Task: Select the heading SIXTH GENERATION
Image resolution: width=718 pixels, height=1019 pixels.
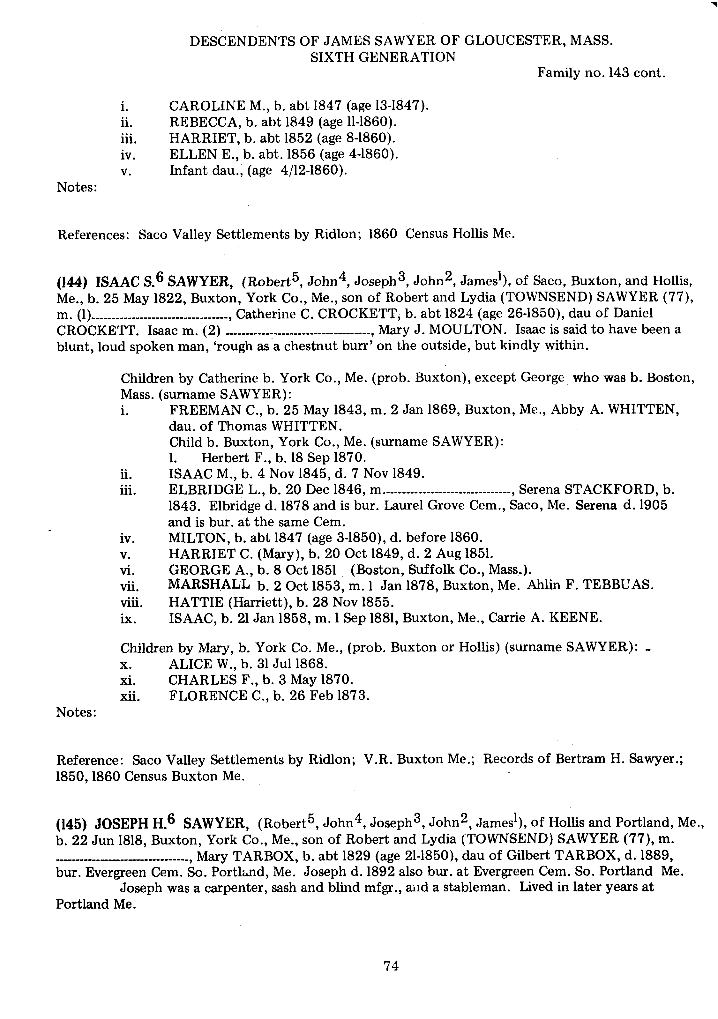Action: (383, 57)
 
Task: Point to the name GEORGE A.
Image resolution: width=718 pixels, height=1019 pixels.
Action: (206, 570)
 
